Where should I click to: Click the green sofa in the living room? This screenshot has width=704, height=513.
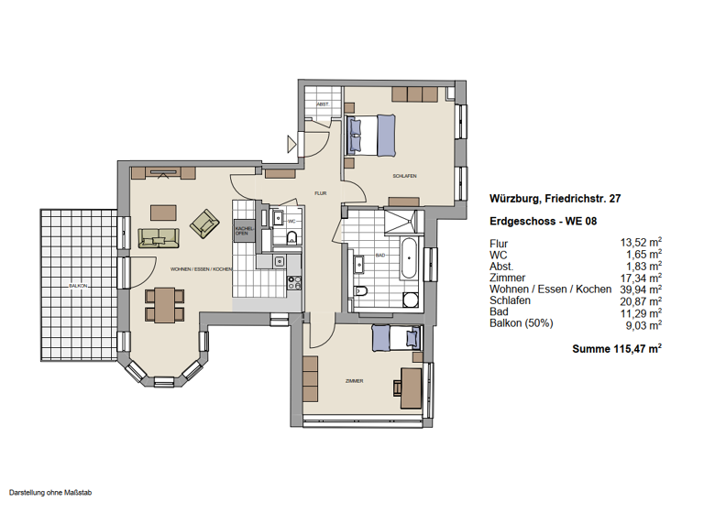coord(159,238)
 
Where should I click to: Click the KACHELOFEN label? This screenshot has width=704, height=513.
coord(243,231)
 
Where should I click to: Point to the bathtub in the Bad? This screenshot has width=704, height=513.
coord(409,260)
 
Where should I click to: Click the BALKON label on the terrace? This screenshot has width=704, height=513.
coord(78,286)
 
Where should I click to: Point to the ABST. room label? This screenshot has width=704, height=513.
coord(323,105)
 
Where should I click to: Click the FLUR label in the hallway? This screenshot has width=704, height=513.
coord(321,193)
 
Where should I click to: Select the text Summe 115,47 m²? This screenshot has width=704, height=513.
coord(616,349)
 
